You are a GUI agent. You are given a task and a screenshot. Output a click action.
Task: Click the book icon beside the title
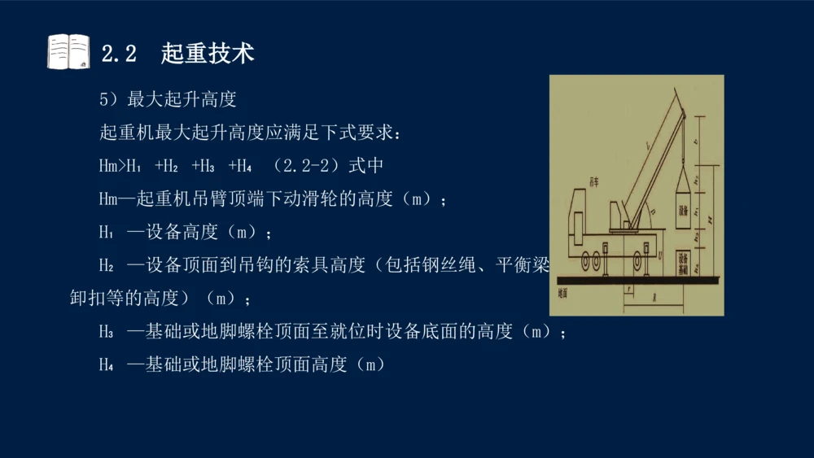[68, 52]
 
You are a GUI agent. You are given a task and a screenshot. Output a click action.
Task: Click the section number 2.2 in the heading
[118, 54]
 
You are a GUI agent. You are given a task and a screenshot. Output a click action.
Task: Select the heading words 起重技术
[208, 53]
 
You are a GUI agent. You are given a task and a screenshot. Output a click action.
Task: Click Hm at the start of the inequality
[109, 166]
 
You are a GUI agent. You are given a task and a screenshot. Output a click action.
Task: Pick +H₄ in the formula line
[241, 166]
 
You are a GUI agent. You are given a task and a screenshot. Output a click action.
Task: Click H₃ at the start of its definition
[107, 332]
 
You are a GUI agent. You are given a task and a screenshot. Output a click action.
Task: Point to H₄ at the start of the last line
[107, 365]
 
